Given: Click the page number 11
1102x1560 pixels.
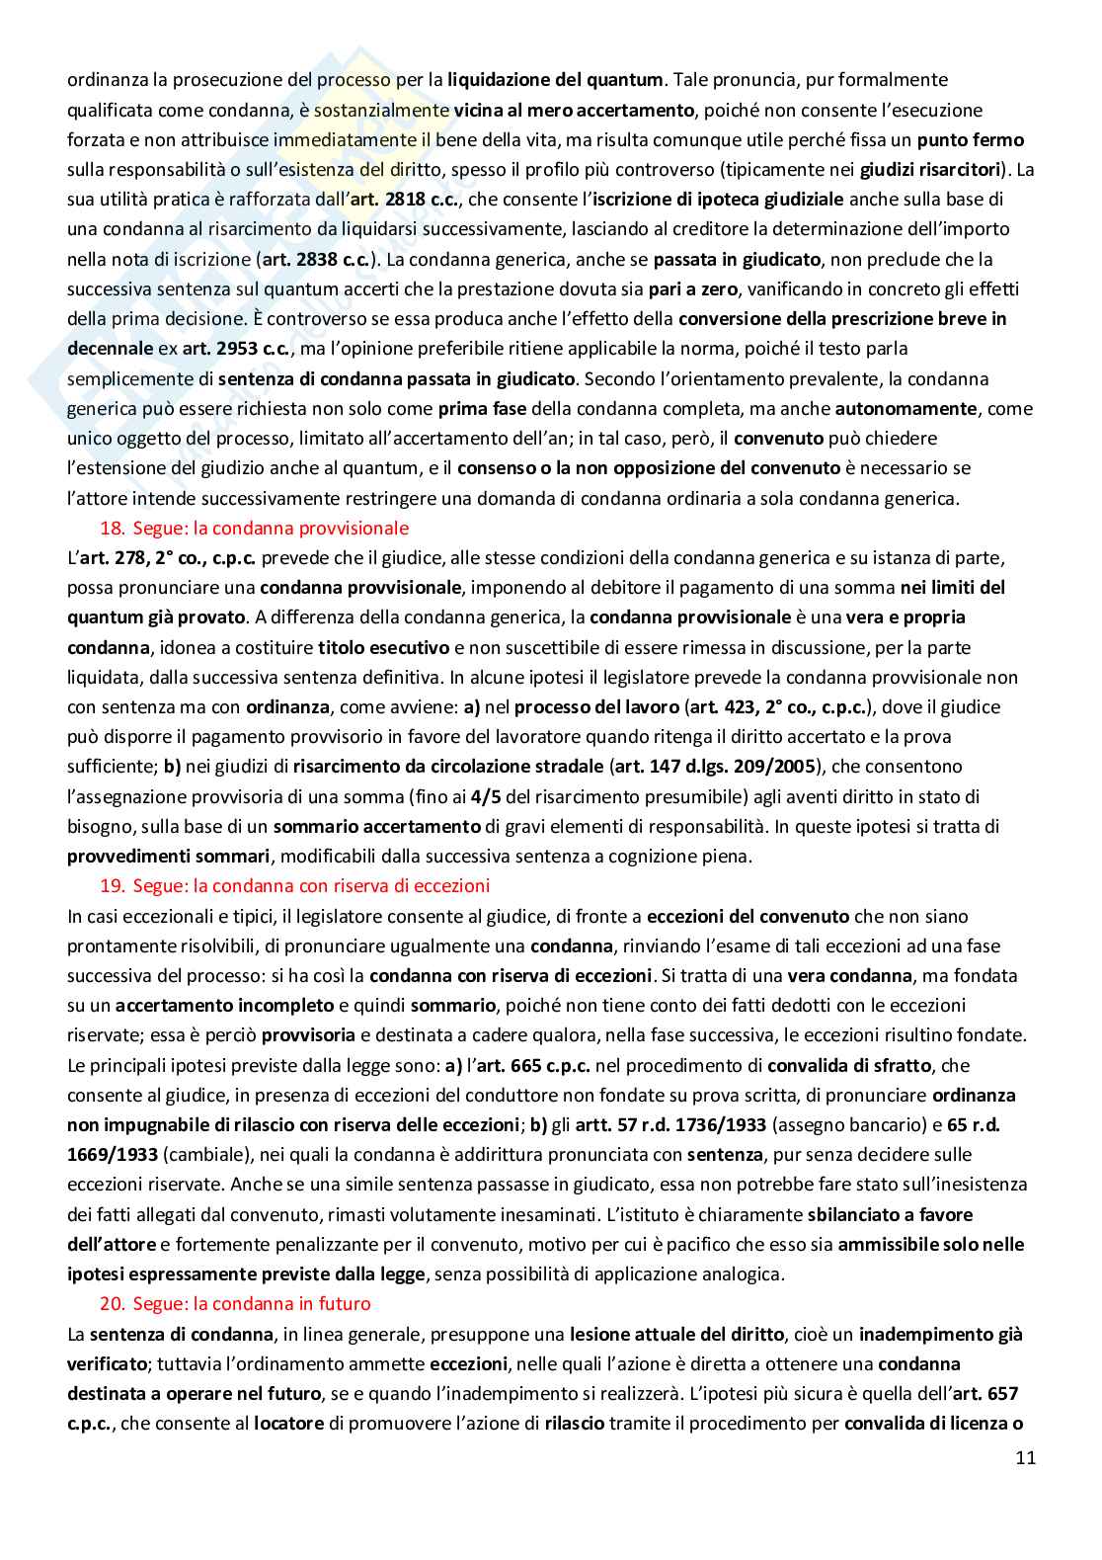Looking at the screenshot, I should pos(1025,1457).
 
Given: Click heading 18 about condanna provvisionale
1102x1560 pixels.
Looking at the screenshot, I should pos(255,528).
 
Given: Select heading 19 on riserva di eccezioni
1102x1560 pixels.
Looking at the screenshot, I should pos(296,885).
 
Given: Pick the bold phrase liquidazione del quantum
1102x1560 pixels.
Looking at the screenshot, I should pos(556,80).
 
